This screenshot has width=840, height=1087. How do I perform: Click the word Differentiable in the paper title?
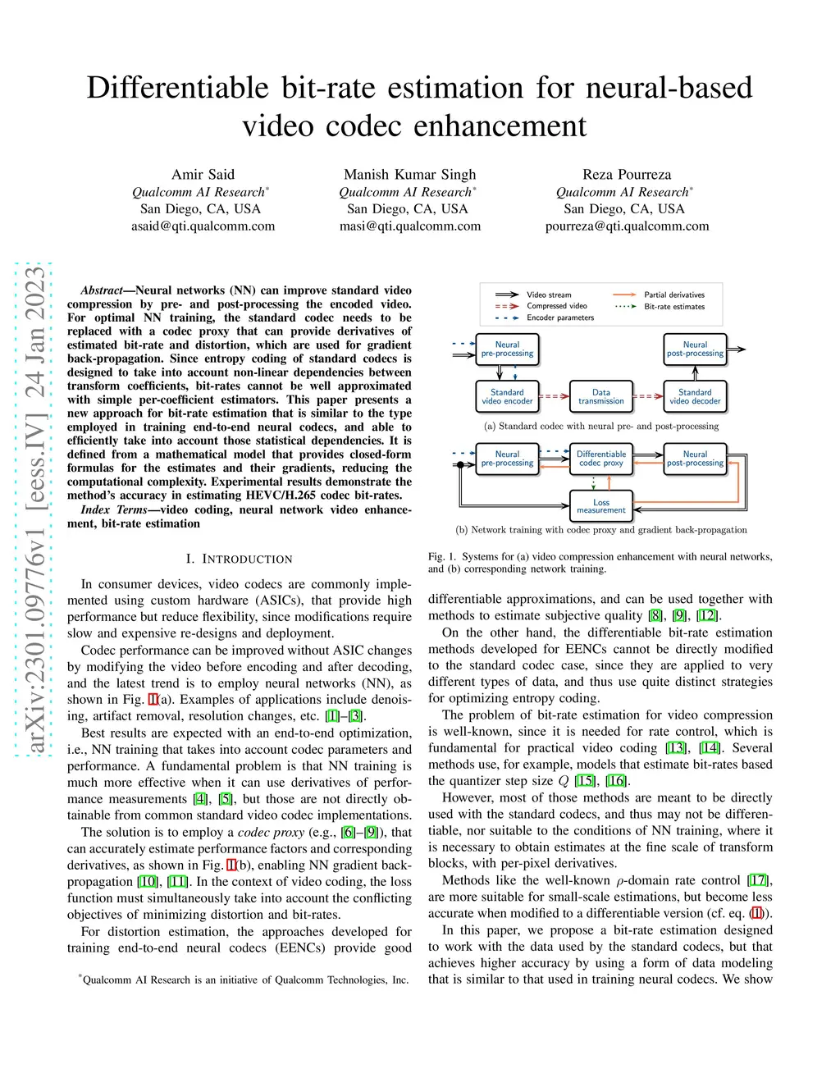(177, 88)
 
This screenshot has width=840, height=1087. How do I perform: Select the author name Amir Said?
(203, 174)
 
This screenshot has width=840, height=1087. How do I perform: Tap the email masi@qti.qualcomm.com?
(410, 226)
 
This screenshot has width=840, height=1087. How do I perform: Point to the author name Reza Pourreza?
(627, 174)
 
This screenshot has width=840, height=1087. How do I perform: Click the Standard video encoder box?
(507, 397)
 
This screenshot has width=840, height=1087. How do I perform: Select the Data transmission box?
(601, 397)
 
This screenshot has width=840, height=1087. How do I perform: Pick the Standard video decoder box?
(695, 397)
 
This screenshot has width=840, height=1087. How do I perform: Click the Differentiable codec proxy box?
(601, 459)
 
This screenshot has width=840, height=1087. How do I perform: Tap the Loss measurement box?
(601, 506)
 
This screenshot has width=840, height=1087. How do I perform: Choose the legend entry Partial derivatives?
(673, 295)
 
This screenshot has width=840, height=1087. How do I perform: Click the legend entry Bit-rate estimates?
(673, 307)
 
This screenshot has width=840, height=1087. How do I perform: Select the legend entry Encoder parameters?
(560, 317)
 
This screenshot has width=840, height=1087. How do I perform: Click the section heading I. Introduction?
(239, 559)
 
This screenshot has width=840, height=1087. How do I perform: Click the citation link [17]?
(759, 880)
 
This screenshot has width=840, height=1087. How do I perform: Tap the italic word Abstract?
(102, 290)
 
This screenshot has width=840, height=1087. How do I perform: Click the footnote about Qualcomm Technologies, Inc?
(244, 980)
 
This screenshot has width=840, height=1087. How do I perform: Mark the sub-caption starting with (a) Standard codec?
(601, 427)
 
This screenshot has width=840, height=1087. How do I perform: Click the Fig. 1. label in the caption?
(442, 556)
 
